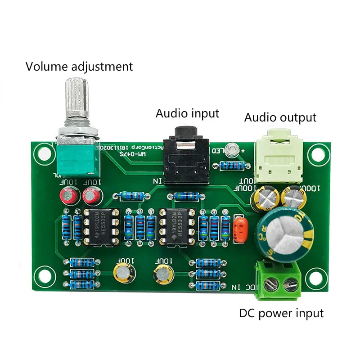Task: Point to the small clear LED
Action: (x=232, y=148)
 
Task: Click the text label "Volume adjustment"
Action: (x=79, y=67)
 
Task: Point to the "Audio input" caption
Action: (x=187, y=113)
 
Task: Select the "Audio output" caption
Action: (x=280, y=117)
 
